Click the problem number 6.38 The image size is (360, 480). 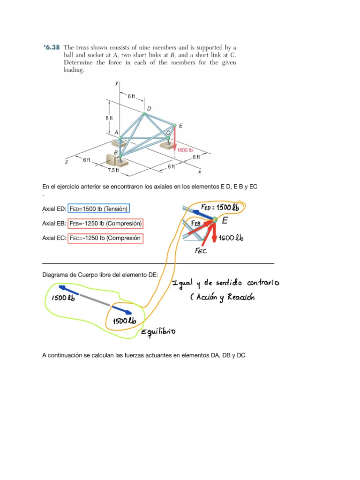(52, 47)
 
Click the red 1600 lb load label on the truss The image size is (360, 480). (185, 150)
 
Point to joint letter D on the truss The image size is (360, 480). (149, 109)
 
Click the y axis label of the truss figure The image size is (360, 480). (117, 83)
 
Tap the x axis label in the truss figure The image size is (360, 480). (200, 172)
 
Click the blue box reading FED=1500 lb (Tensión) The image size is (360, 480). (99, 209)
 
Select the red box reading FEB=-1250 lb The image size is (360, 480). (105, 223)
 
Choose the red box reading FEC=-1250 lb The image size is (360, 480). (105, 238)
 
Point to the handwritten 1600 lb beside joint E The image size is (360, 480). (232, 238)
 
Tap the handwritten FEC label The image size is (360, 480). (201, 251)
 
